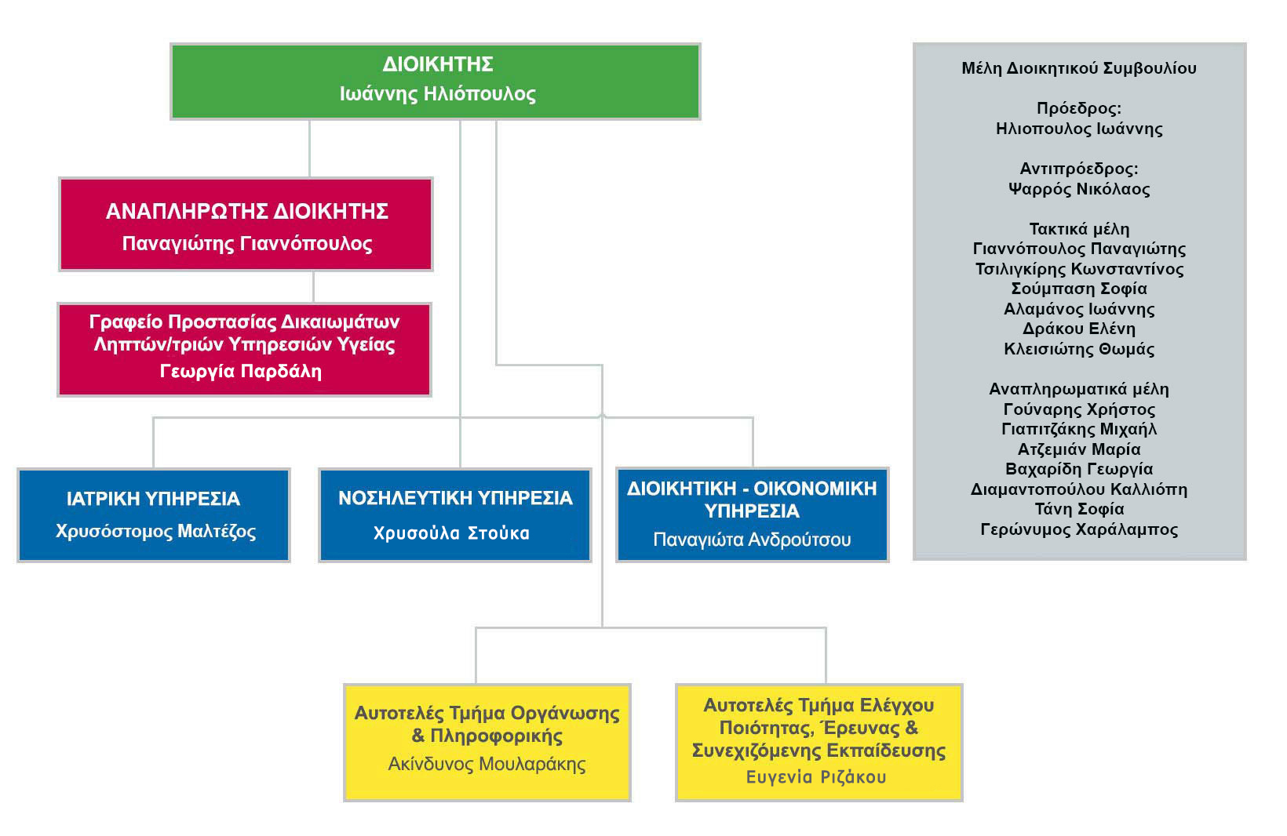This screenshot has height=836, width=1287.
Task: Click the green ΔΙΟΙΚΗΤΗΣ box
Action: pyautogui.click(x=436, y=82)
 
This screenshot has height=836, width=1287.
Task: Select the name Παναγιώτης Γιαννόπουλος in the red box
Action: pyautogui.click(x=247, y=244)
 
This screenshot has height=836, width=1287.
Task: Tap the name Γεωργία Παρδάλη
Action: pyautogui.click(x=241, y=372)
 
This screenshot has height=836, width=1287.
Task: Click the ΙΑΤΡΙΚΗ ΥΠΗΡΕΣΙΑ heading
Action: pyautogui.click(x=153, y=499)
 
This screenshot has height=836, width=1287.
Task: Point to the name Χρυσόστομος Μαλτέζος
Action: pyautogui.click(x=155, y=531)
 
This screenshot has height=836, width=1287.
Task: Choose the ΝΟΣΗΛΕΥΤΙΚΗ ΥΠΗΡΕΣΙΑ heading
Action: pyautogui.click(x=455, y=499)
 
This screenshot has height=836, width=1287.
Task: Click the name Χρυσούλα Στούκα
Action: pyautogui.click(x=451, y=533)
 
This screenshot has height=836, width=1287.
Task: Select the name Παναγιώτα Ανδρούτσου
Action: pyautogui.click(x=752, y=540)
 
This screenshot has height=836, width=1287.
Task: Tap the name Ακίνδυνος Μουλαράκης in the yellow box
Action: pyautogui.click(x=487, y=764)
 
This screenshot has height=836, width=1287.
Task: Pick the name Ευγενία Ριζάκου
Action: pyautogui.click(x=816, y=777)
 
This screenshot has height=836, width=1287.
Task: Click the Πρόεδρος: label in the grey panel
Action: pyautogui.click(x=1079, y=108)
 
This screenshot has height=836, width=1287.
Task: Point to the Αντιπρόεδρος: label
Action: pyautogui.click(x=1079, y=169)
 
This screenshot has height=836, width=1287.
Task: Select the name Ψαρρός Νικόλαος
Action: pyautogui.click(x=1079, y=189)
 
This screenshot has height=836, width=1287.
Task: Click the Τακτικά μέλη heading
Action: pyautogui.click(x=1079, y=229)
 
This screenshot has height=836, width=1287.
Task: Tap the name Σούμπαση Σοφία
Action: pyautogui.click(x=1079, y=289)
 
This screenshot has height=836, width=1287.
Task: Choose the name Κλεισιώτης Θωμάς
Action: pyautogui.click(x=1079, y=349)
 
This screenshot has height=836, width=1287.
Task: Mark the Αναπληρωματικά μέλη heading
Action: pyautogui.click(x=1079, y=389)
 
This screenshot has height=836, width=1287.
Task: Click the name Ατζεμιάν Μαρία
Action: pyautogui.click(x=1079, y=449)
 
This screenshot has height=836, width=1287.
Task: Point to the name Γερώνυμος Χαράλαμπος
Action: pyautogui.click(x=1079, y=529)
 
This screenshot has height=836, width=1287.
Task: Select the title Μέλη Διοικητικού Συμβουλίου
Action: pyautogui.click(x=1079, y=68)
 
